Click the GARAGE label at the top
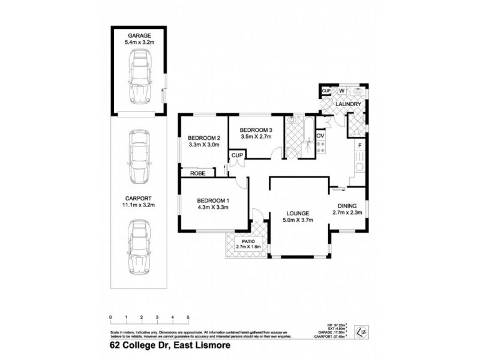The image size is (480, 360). [x=139, y=36]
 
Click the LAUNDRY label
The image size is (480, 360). [x=348, y=104]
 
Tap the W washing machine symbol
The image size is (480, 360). [x=341, y=91]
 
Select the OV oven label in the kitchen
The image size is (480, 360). [x=320, y=136]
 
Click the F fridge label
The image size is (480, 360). [x=359, y=146]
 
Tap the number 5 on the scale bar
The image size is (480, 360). [x=188, y=316]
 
